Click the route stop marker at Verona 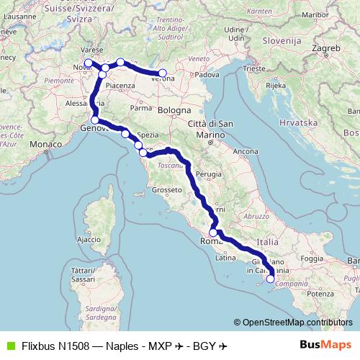(x=163, y=73)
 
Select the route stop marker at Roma (x=213, y=233)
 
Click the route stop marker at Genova (x=95, y=120)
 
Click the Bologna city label (x=176, y=111)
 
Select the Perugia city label (x=209, y=174)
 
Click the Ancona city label (x=246, y=152)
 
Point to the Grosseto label (x=165, y=190)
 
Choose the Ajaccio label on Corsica (x=89, y=238)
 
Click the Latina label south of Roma (x=226, y=257)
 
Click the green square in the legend (x=10, y=346)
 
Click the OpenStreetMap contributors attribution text (x=293, y=323)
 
